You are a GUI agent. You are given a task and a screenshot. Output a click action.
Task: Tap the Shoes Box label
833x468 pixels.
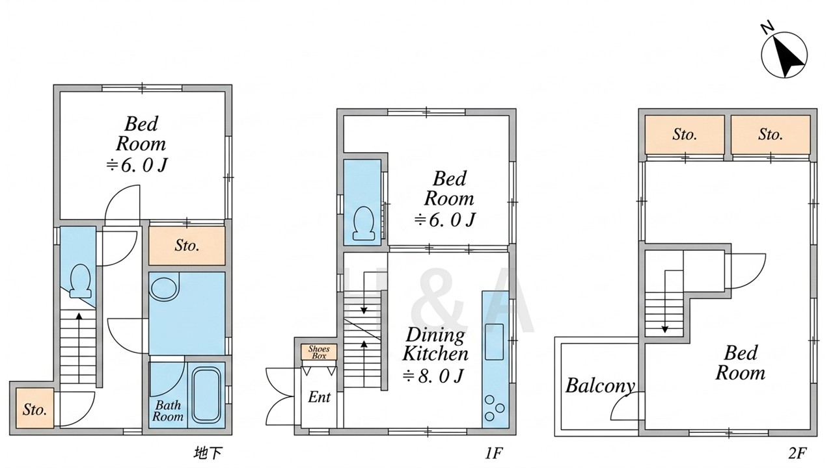pyautogui.click(x=319, y=352)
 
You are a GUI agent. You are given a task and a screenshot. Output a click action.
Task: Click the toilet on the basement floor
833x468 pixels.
pyautogui.click(x=80, y=281)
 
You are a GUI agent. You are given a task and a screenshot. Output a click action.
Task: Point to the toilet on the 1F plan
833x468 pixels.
pyautogui.click(x=363, y=223)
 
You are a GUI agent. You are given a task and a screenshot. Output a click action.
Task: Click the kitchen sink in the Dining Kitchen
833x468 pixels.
pyautogui.click(x=494, y=342)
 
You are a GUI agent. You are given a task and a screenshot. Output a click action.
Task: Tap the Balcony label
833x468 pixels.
pyautogui.click(x=600, y=386)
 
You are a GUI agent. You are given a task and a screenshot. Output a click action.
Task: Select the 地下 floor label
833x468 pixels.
pyautogui.click(x=208, y=453)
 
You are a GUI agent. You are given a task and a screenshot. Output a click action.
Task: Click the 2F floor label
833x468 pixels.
pyautogui.click(x=797, y=453)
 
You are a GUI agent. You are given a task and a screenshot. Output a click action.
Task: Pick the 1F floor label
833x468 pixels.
pyautogui.click(x=494, y=453)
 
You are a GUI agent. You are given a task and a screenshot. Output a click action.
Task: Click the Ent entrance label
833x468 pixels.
pyautogui.click(x=319, y=397)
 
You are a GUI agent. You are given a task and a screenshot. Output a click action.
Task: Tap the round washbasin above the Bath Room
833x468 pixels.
pyautogui.click(x=163, y=289)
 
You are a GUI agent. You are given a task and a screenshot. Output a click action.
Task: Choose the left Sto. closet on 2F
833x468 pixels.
pyautogui.click(x=685, y=135)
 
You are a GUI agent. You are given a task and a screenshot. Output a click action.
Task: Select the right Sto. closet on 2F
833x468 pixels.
pyautogui.click(x=771, y=135)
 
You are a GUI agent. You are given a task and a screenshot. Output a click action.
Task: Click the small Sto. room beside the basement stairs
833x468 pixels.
pyautogui.click(x=34, y=408)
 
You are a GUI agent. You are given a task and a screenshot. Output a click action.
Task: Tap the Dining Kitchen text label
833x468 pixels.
pyautogui.click(x=435, y=344)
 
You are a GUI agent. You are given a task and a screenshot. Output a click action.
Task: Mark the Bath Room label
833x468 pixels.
pyautogui.click(x=168, y=410)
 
